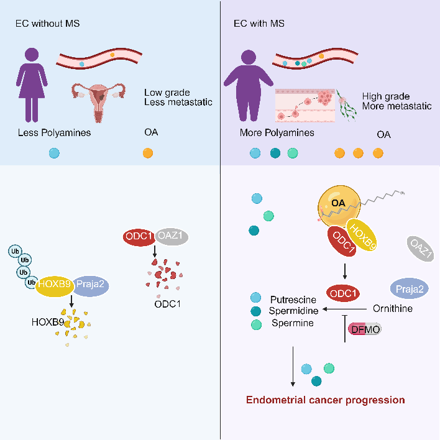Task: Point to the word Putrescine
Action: point(290,298)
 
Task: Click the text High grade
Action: point(386,96)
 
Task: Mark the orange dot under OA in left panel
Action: point(148,153)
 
